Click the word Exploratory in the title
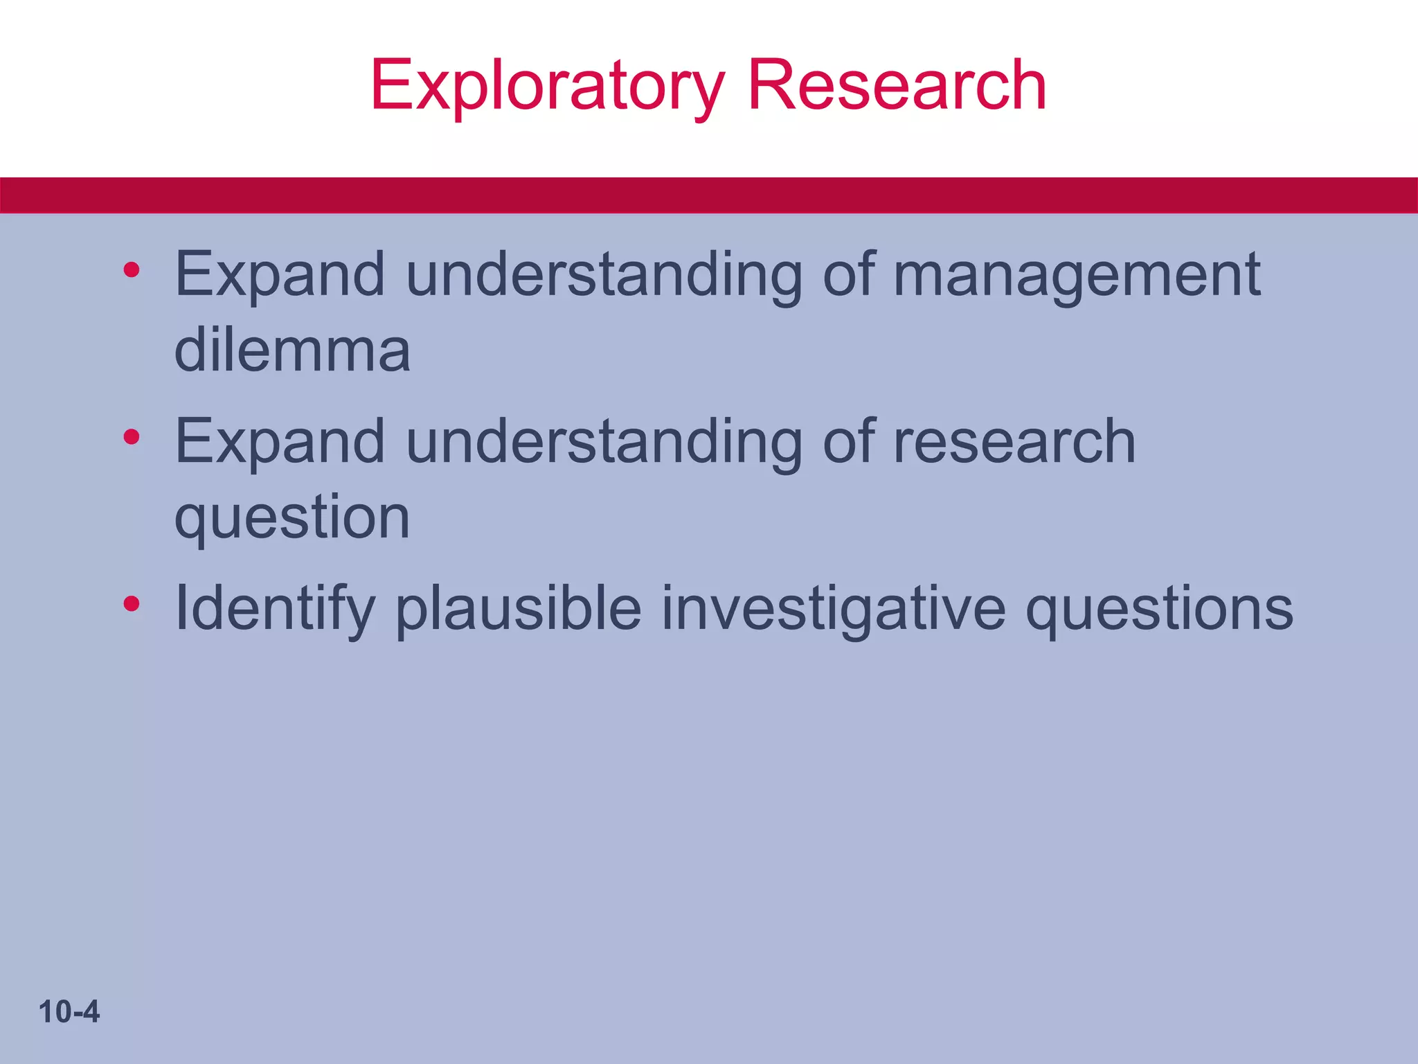coord(547,86)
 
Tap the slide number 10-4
coord(69,1012)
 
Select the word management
coord(1077,275)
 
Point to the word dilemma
coord(292,350)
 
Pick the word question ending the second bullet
coord(292,518)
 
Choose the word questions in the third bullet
coord(1159,608)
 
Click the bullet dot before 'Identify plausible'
coord(132,605)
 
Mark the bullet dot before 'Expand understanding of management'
coord(132,270)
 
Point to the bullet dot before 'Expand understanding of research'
coord(132,437)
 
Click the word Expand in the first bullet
coord(280,275)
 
